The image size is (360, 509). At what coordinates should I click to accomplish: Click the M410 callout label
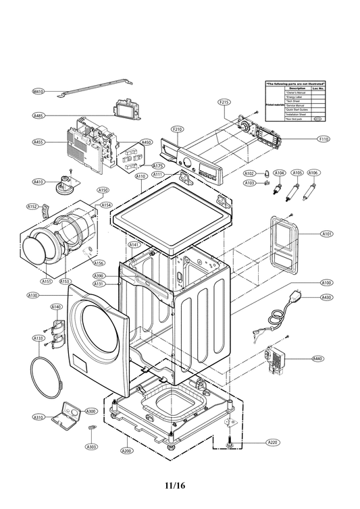click(x=38, y=91)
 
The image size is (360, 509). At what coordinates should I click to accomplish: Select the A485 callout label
click(x=38, y=116)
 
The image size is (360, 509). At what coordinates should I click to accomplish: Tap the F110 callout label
click(x=324, y=139)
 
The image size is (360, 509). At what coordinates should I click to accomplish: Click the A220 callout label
click(x=272, y=442)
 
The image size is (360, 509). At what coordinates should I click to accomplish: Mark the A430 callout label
click(x=326, y=297)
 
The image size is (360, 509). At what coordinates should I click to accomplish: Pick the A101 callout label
click(x=326, y=234)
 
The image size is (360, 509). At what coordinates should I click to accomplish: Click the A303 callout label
click(x=91, y=446)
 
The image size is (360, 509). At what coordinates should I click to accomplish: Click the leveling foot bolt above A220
click(x=230, y=441)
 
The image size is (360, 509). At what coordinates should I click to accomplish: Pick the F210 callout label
click(x=178, y=129)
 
